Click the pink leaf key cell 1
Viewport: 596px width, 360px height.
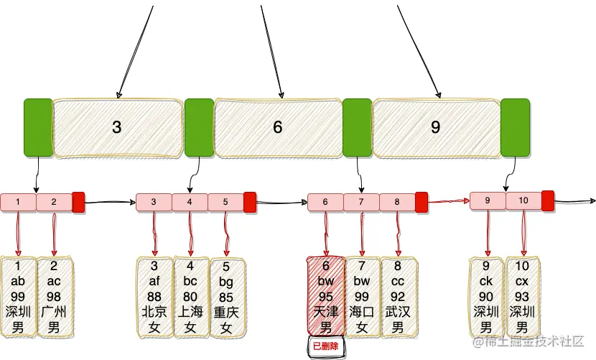tap(18, 203)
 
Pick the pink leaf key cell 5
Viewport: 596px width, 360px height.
tap(225, 203)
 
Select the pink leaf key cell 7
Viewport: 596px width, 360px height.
tap(361, 203)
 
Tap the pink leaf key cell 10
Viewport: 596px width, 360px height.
tap(523, 200)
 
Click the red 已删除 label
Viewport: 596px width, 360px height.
tap(327, 347)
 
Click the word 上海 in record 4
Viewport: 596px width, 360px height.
tap(190, 312)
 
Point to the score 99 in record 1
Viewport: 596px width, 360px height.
tap(19, 296)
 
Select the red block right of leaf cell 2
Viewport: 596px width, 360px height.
tap(79, 203)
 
